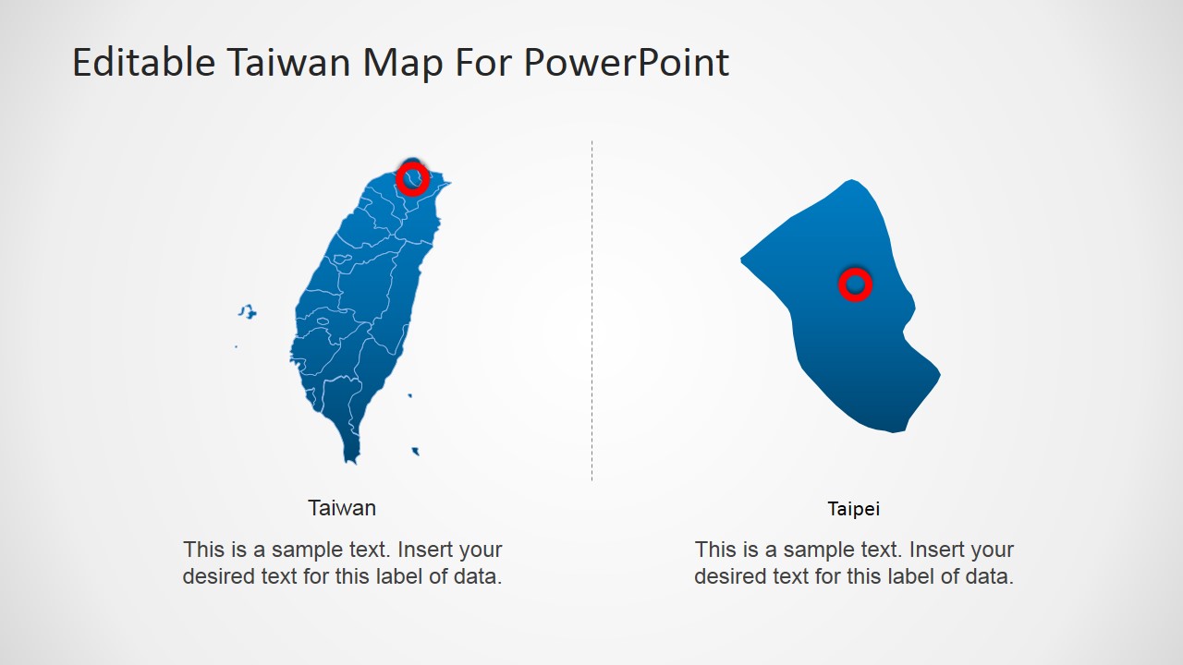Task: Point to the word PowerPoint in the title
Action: (x=626, y=63)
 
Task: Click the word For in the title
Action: (x=484, y=63)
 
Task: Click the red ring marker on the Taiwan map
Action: (x=412, y=178)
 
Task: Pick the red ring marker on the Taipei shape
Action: (x=855, y=284)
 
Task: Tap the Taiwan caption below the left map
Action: (x=342, y=508)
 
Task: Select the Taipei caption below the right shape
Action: (x=854, y=509)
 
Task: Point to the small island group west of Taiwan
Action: (x=247, y=312)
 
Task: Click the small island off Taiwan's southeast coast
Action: (x=416, y=452)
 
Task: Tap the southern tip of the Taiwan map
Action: (x=351, y=457)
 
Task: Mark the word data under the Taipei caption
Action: (x=990, y=577)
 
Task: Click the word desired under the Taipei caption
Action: (x=730, y=577)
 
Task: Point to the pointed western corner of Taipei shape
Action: (x=742, y=260)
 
